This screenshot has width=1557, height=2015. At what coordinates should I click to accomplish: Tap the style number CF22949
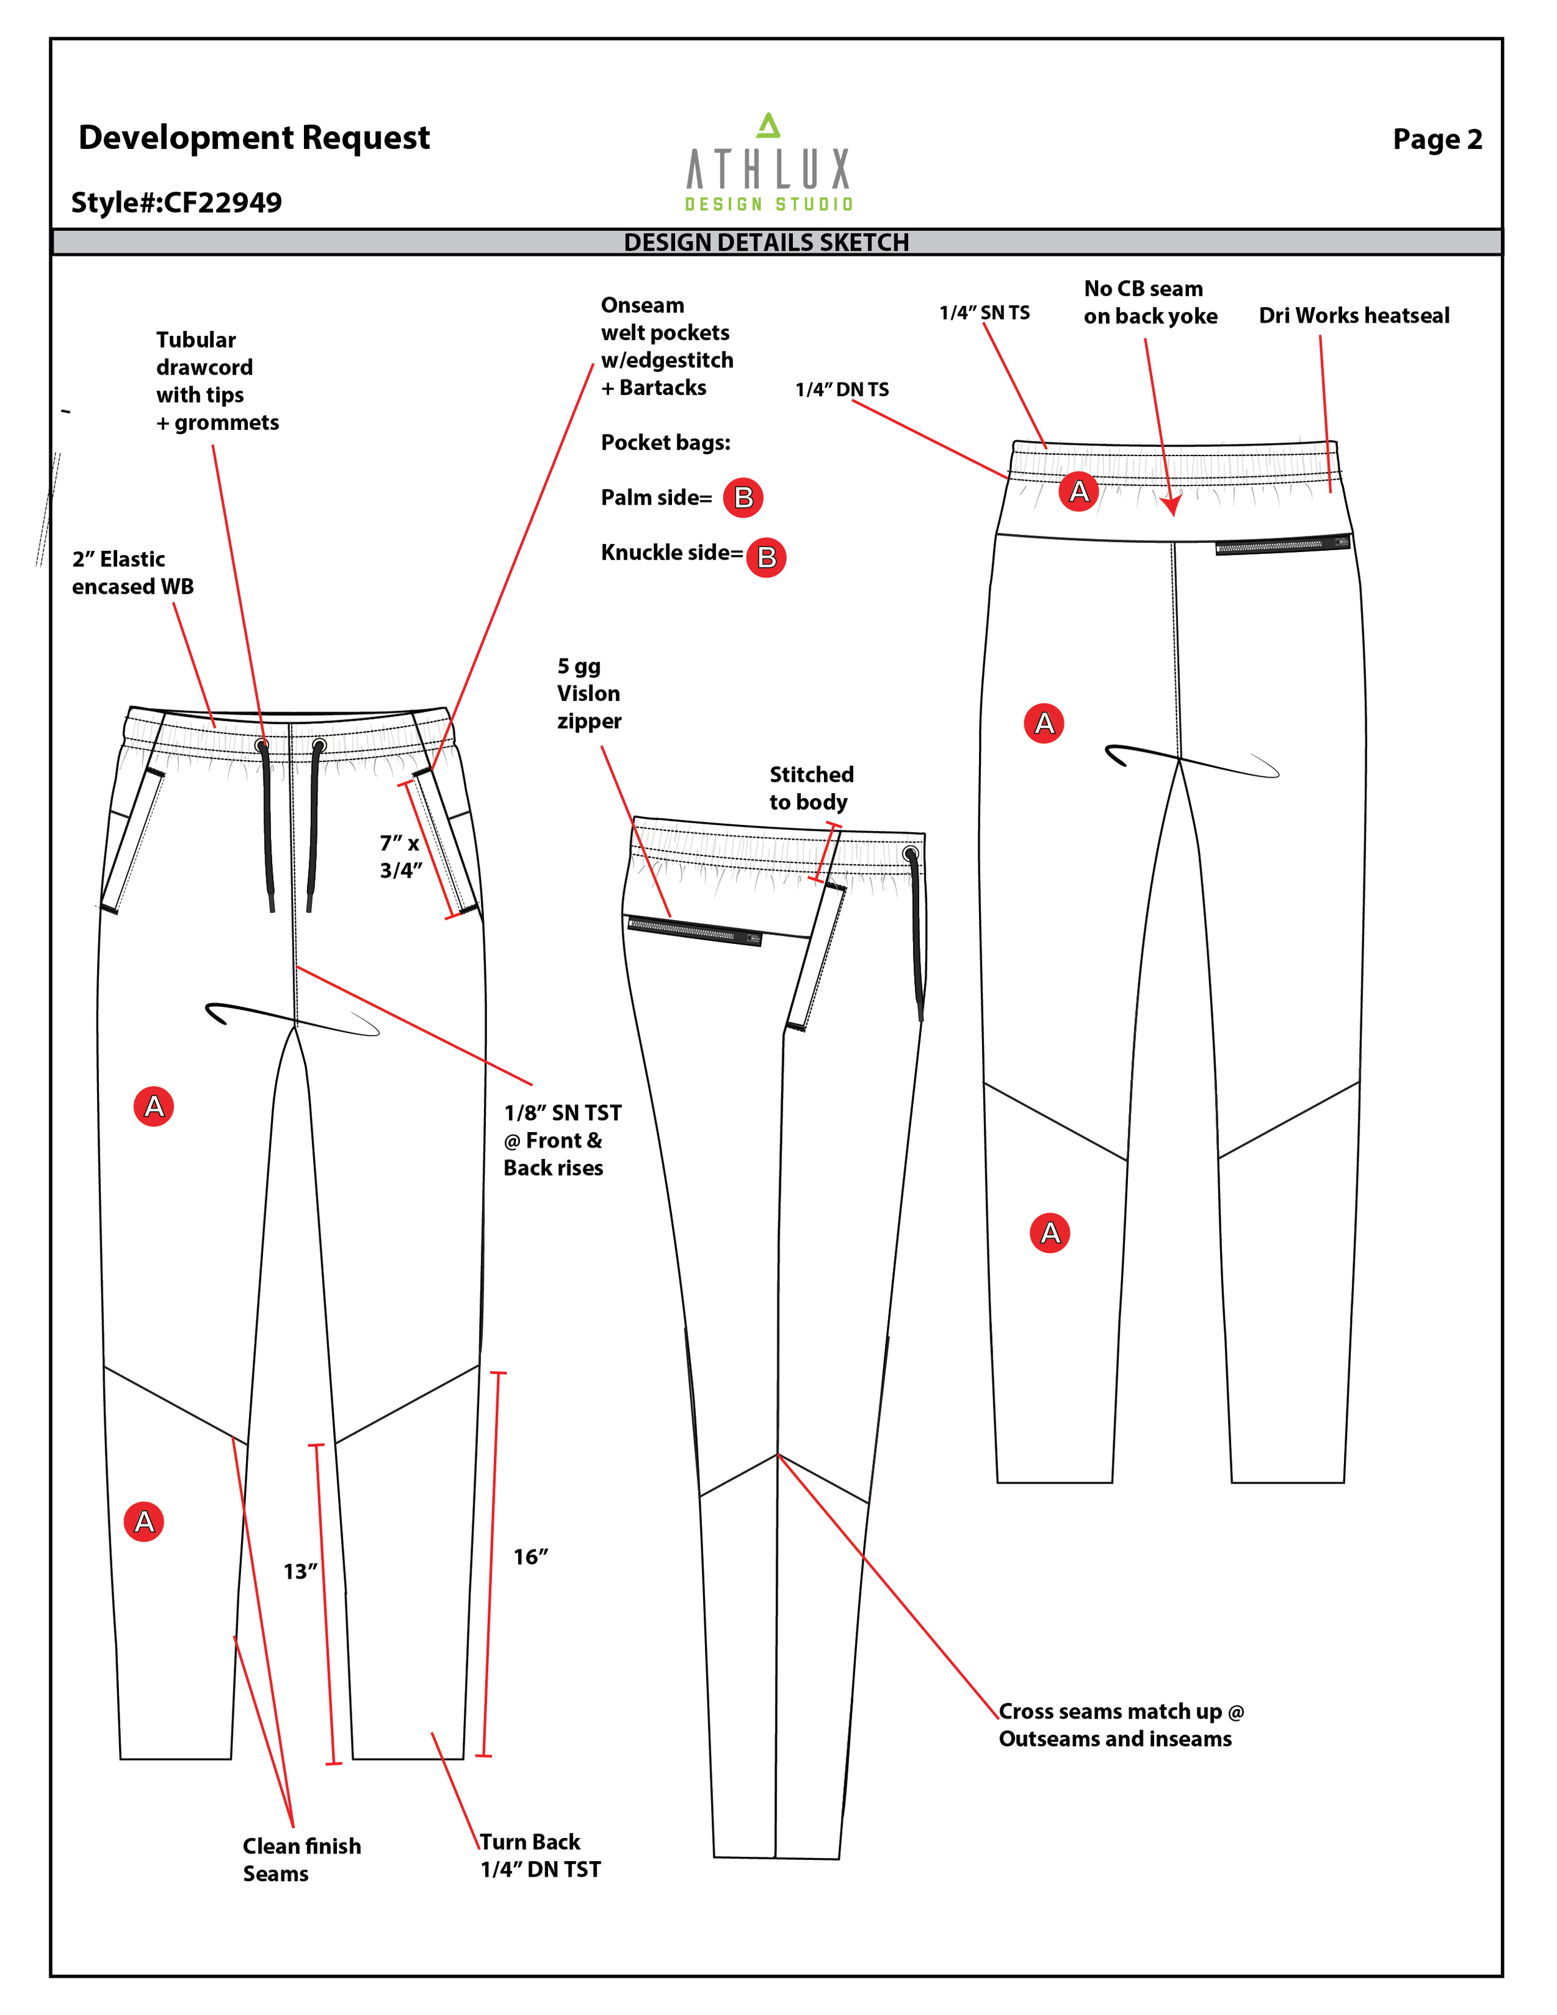pyautogui.click(x=176, y=202)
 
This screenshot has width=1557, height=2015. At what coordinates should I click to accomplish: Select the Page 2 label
pyautogui.click(x=1436, y=140)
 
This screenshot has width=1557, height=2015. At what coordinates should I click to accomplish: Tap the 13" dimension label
pyautogui.click(x=300, y=1571)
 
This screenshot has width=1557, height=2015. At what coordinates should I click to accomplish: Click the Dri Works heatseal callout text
pyautogui.click(x=1353, y=315)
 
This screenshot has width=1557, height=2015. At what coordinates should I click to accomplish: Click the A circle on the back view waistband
pyautogui.click(x=1078, y=491)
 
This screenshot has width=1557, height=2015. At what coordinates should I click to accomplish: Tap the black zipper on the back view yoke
pyautogui.click(x=1282, y=545)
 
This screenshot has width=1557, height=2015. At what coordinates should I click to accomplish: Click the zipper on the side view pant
pyautogui.click(x=694, y=930)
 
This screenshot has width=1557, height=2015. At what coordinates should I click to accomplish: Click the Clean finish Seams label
pyautogui.click(x=301, y=1859)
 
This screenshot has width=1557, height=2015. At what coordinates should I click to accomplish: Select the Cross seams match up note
pyautogui.click(x=1120, y=1725)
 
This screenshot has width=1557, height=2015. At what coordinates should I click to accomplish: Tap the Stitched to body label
pyautogui.click(x=811, y=788)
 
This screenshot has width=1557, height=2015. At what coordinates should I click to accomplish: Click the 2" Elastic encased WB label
pyautogui.click(x=133, y=573)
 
